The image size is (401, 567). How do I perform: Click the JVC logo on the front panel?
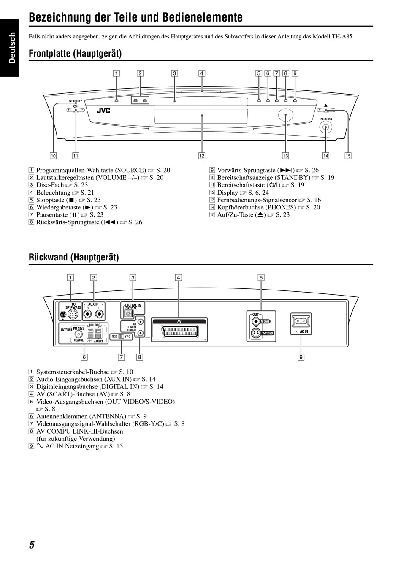click(x=103, y=111)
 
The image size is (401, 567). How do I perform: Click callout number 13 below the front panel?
click(x=286, y=156)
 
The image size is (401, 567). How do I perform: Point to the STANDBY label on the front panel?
click(x=76, y=101)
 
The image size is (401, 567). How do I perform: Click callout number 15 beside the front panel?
click(x=348, y=156)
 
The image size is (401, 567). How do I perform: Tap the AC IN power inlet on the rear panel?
click(x=301, y=322)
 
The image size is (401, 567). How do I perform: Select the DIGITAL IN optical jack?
click(x=128, y=314)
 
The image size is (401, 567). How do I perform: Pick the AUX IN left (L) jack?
click(x=99, y=314)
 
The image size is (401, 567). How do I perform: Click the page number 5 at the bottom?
click(x=32, y=545)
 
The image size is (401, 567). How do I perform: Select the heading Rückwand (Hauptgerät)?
click(x=73, y=257)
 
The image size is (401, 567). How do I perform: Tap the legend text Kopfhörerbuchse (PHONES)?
click(x=256, y=207)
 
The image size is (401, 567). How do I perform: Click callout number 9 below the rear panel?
click(x=301, y=357)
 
